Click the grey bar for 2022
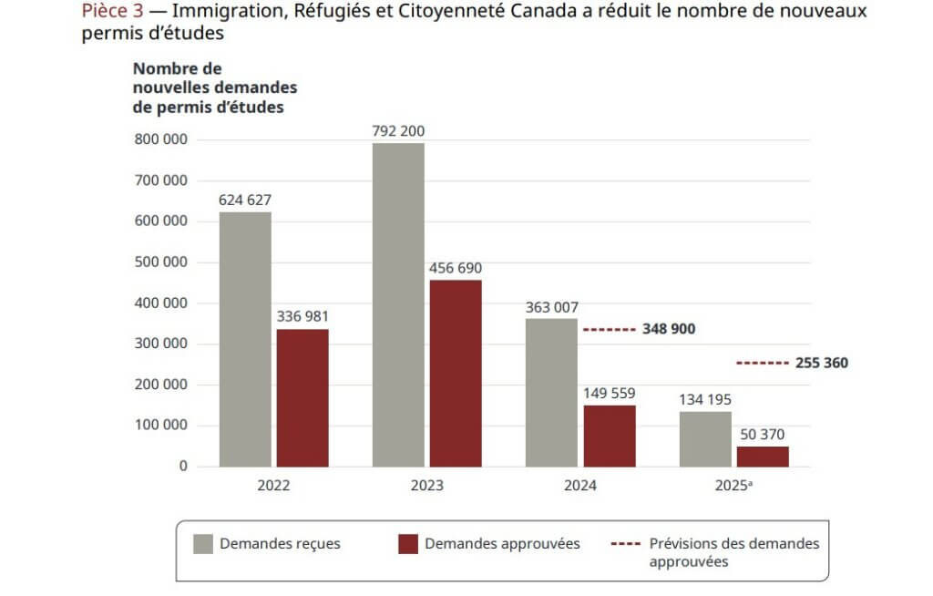point(245,339)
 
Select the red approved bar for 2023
point(456,373)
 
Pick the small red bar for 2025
point(763,456)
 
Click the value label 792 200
point(398,131)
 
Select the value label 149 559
point(609,394)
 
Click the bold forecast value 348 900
point(669,329)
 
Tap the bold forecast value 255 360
point(822,363)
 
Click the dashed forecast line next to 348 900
point(608,329)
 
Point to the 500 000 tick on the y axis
point(160,262)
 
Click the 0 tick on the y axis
point(183,467)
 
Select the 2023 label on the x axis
point(426,486)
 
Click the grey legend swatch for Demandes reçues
point(202,544)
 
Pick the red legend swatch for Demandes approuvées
point(408,544)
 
